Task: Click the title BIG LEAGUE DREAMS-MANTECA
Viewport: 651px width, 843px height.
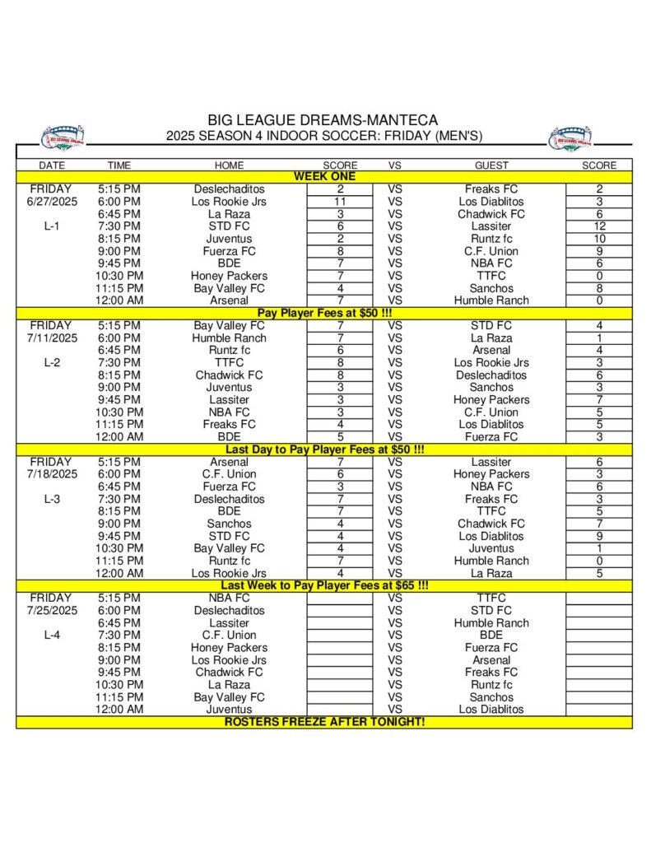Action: (x=323, y=120)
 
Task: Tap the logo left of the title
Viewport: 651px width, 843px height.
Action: (x=63, y=137)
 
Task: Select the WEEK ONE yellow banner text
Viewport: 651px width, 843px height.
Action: (x=324, y=176)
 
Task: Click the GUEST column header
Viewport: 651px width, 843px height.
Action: (x=491, y=165)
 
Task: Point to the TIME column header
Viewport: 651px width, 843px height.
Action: (x=119, y=165)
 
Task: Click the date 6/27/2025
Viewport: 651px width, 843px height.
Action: (x=51, y=201)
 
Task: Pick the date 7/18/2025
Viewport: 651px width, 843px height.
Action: (x=51, y=474)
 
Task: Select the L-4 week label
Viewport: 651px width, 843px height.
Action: (x=51, y=635)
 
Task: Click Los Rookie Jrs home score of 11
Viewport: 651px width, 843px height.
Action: (x=340, y=201)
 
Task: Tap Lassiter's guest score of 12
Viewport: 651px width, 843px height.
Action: (x=599, y=226)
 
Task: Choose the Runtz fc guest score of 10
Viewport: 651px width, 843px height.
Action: (x=599, y=239)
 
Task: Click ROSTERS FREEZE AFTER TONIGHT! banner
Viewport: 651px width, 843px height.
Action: (x=324, y=722)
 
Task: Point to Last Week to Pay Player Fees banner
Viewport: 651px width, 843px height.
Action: (x=324, y=585)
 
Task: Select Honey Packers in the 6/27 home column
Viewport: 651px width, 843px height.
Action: (x=229, y=276)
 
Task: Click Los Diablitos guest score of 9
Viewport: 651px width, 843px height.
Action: (x=599, y=536)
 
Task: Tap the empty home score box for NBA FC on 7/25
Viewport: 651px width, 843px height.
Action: (x=340, y=598)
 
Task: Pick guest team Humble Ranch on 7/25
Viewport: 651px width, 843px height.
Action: (x=491, y=623)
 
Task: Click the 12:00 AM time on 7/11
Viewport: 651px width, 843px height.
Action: (x=119, y=437)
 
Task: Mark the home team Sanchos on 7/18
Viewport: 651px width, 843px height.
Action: (x=229, y=524)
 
